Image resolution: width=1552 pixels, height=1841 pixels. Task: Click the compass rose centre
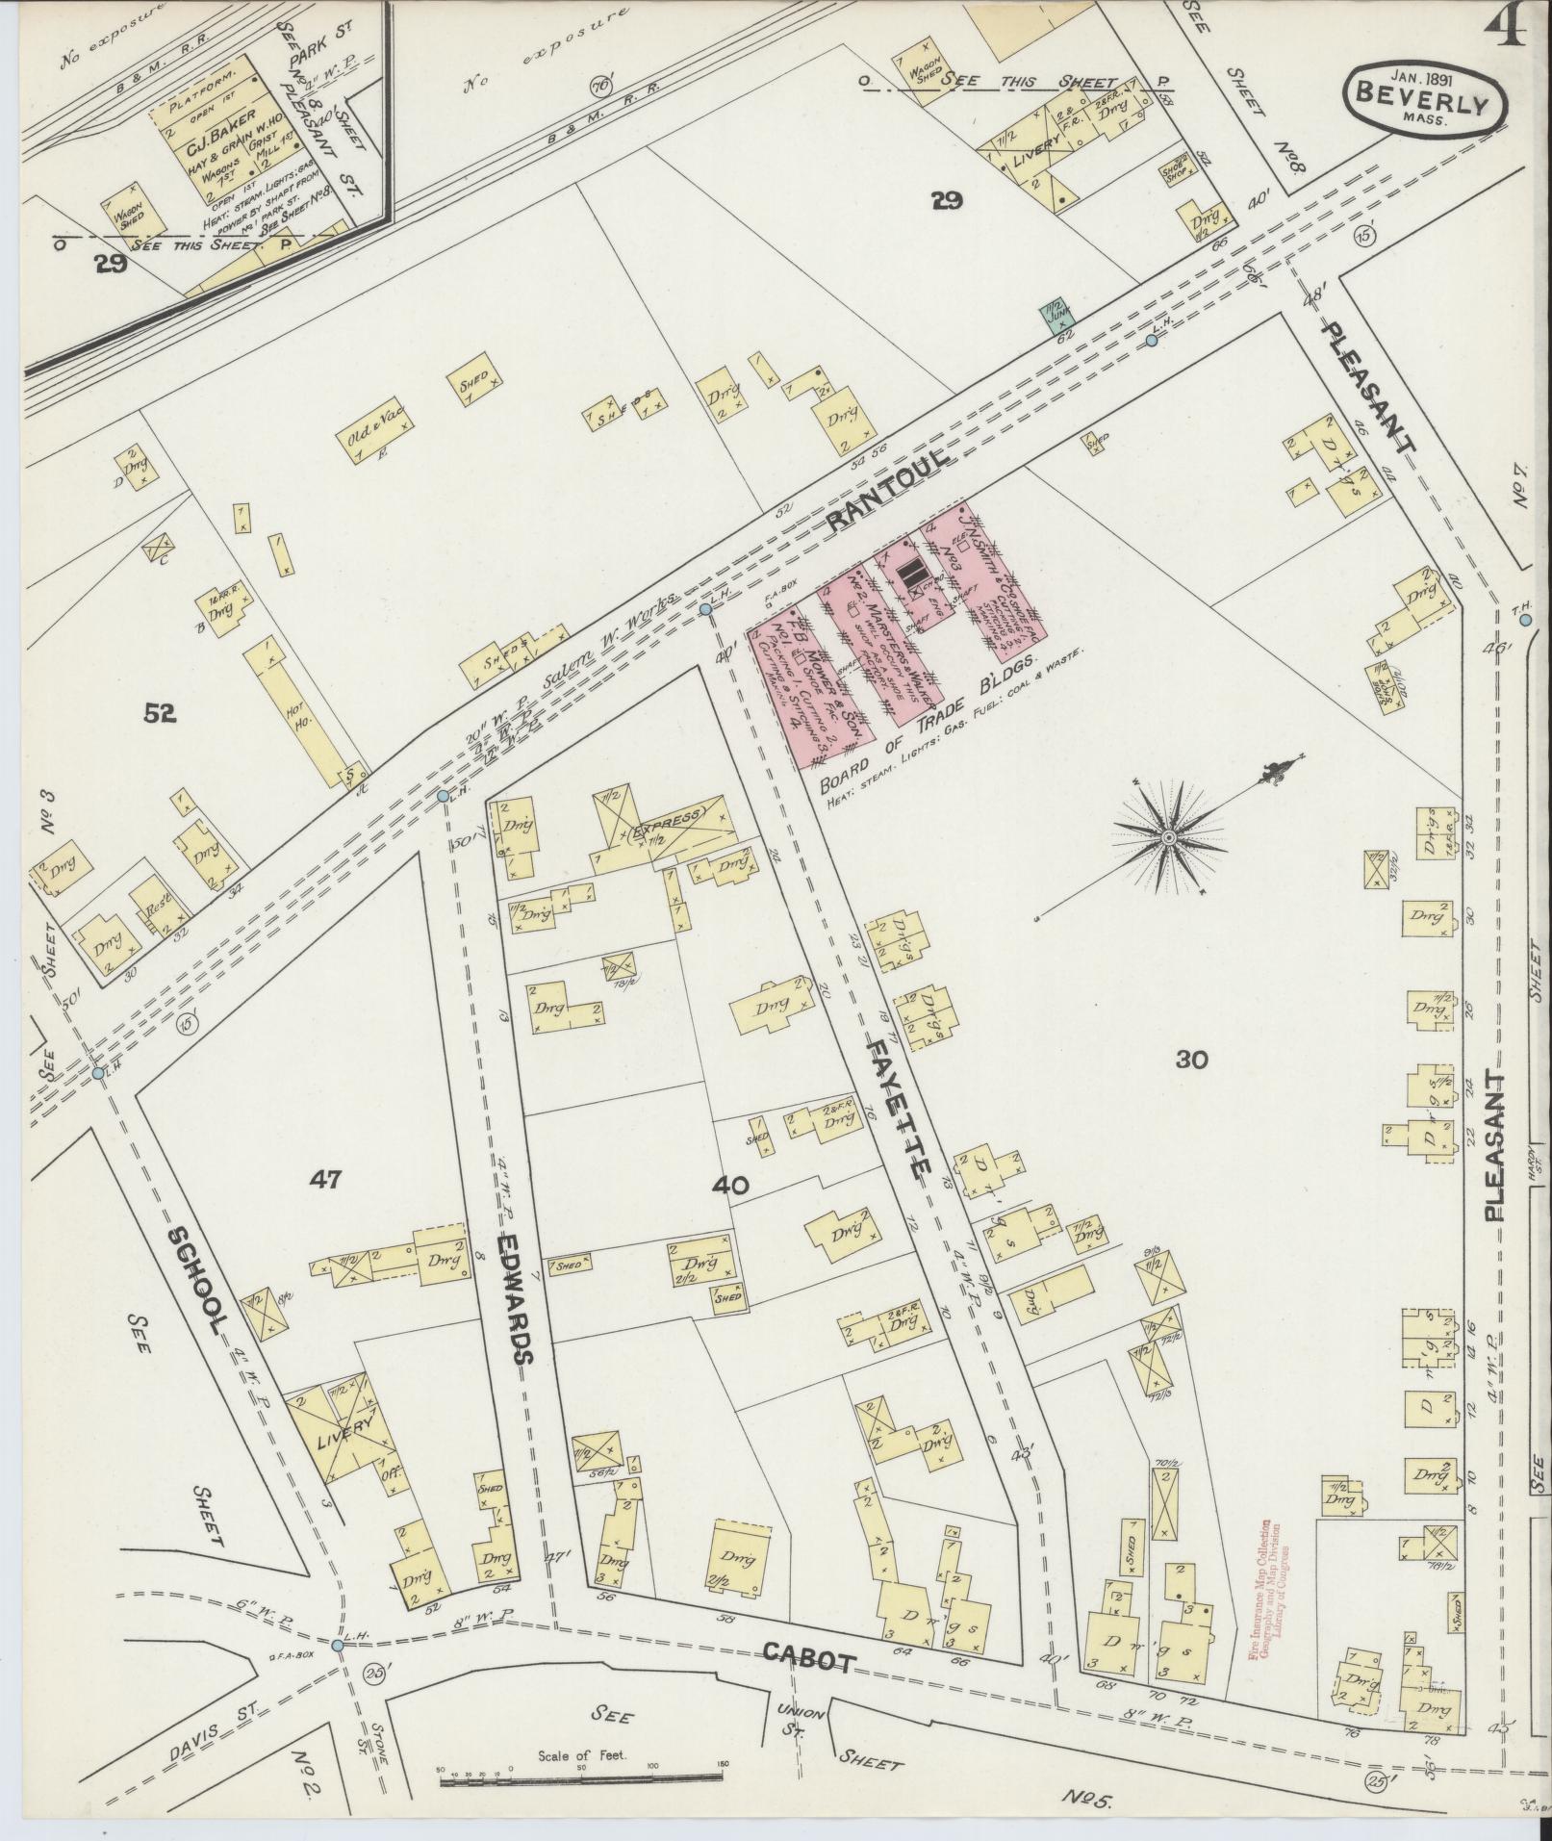[1168, 838]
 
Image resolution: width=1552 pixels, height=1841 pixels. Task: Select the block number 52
[160, 712]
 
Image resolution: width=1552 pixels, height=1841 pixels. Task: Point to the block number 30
[1190, 1060]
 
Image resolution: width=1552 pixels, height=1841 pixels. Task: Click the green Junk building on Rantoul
[1055, 316]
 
